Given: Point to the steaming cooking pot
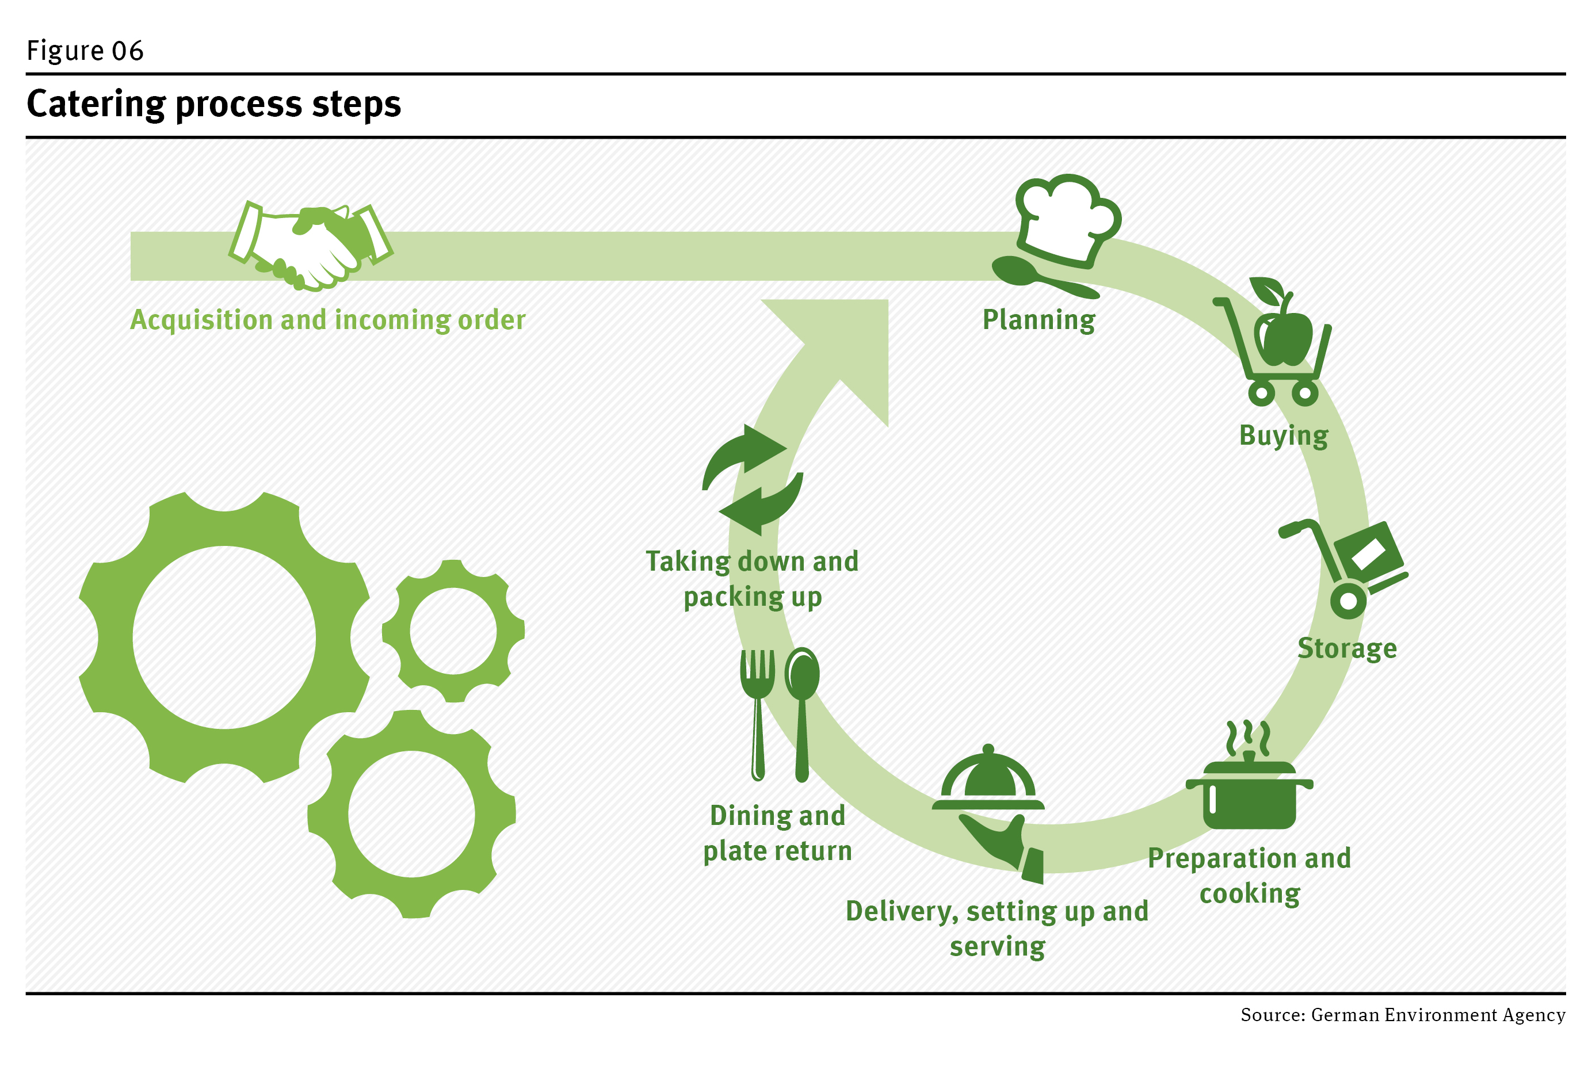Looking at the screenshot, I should (1250, 792).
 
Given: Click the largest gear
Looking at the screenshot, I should (224, 637).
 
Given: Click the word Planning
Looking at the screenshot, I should (1039, 319).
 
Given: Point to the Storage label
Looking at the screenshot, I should (1346, 648).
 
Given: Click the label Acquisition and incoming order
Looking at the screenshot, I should (327, 319).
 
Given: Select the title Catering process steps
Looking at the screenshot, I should (213, 104).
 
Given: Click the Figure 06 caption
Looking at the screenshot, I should (85, 51).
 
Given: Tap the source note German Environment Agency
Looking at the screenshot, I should (1402, 1015).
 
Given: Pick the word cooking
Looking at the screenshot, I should (1250, 893).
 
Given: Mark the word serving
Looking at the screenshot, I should (997, 946).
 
